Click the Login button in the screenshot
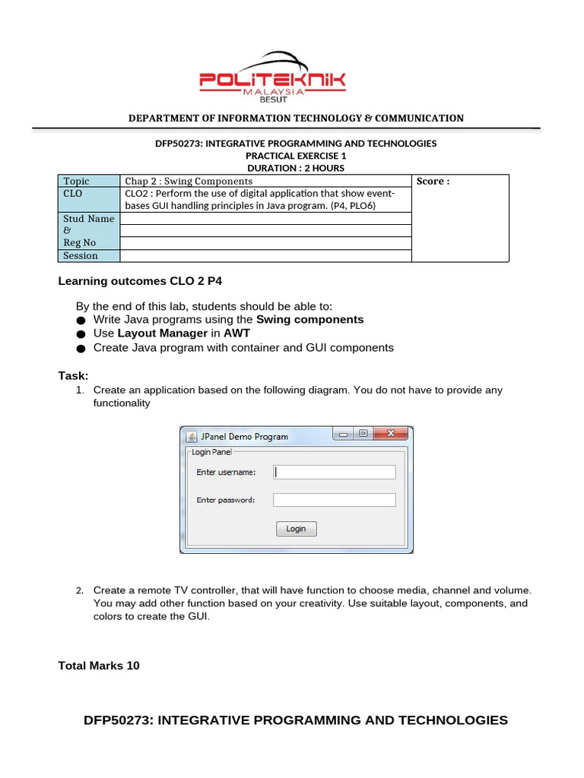pyautogui.click(x=296, y=529)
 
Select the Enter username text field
pyautogui.click(x=335, y=472)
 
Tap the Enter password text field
pyautogui.click(x=335, y=500)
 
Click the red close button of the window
pyautogui.click(x=392, y=435)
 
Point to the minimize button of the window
pyautogui.click(x=344, y=435)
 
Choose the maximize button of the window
pyautogui.click(x=363, y=435)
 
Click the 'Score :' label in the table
pyautogui.click(x=433, y=182)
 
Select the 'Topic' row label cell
pyautogui.click(x=77, y=181)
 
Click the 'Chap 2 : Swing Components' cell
pyautogui.click(x=189, y=181)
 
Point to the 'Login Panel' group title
pyautogui.click(x=211, y=451)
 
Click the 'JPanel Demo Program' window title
pyautogui.click(x=244, y=436)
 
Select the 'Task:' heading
pyautogui.click(x=74, y=375)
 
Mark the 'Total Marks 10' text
pyautogui.click(x=99, y=666)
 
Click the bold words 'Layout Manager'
pyautogui.click(x=163, y=333)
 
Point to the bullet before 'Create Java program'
pyautogui.click(x=80, y=348)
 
